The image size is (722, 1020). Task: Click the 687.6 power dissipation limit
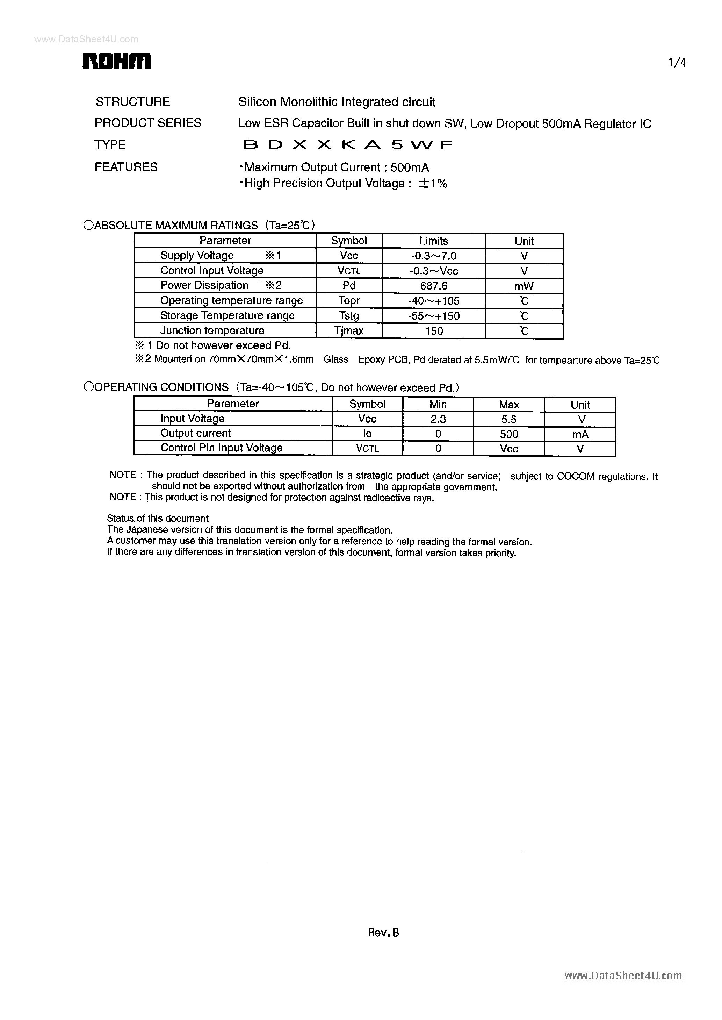433,286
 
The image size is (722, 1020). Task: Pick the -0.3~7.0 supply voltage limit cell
433,256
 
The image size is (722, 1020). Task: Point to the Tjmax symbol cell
349,331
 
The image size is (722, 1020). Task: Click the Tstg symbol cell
349,316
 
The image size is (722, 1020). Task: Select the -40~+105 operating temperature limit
433,301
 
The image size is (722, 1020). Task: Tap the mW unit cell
524,286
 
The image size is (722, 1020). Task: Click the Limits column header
433,241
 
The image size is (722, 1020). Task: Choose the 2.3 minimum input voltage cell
438,419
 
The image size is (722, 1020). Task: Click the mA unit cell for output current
580,434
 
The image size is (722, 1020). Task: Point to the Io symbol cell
367,434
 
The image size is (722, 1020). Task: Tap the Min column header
438,404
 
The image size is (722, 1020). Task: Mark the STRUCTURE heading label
132,102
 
